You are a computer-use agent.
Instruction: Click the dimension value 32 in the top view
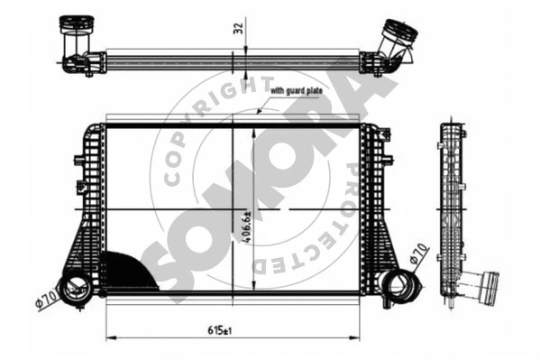tap(238, 27)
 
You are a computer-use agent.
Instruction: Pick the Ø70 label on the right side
tap(419, 254)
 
